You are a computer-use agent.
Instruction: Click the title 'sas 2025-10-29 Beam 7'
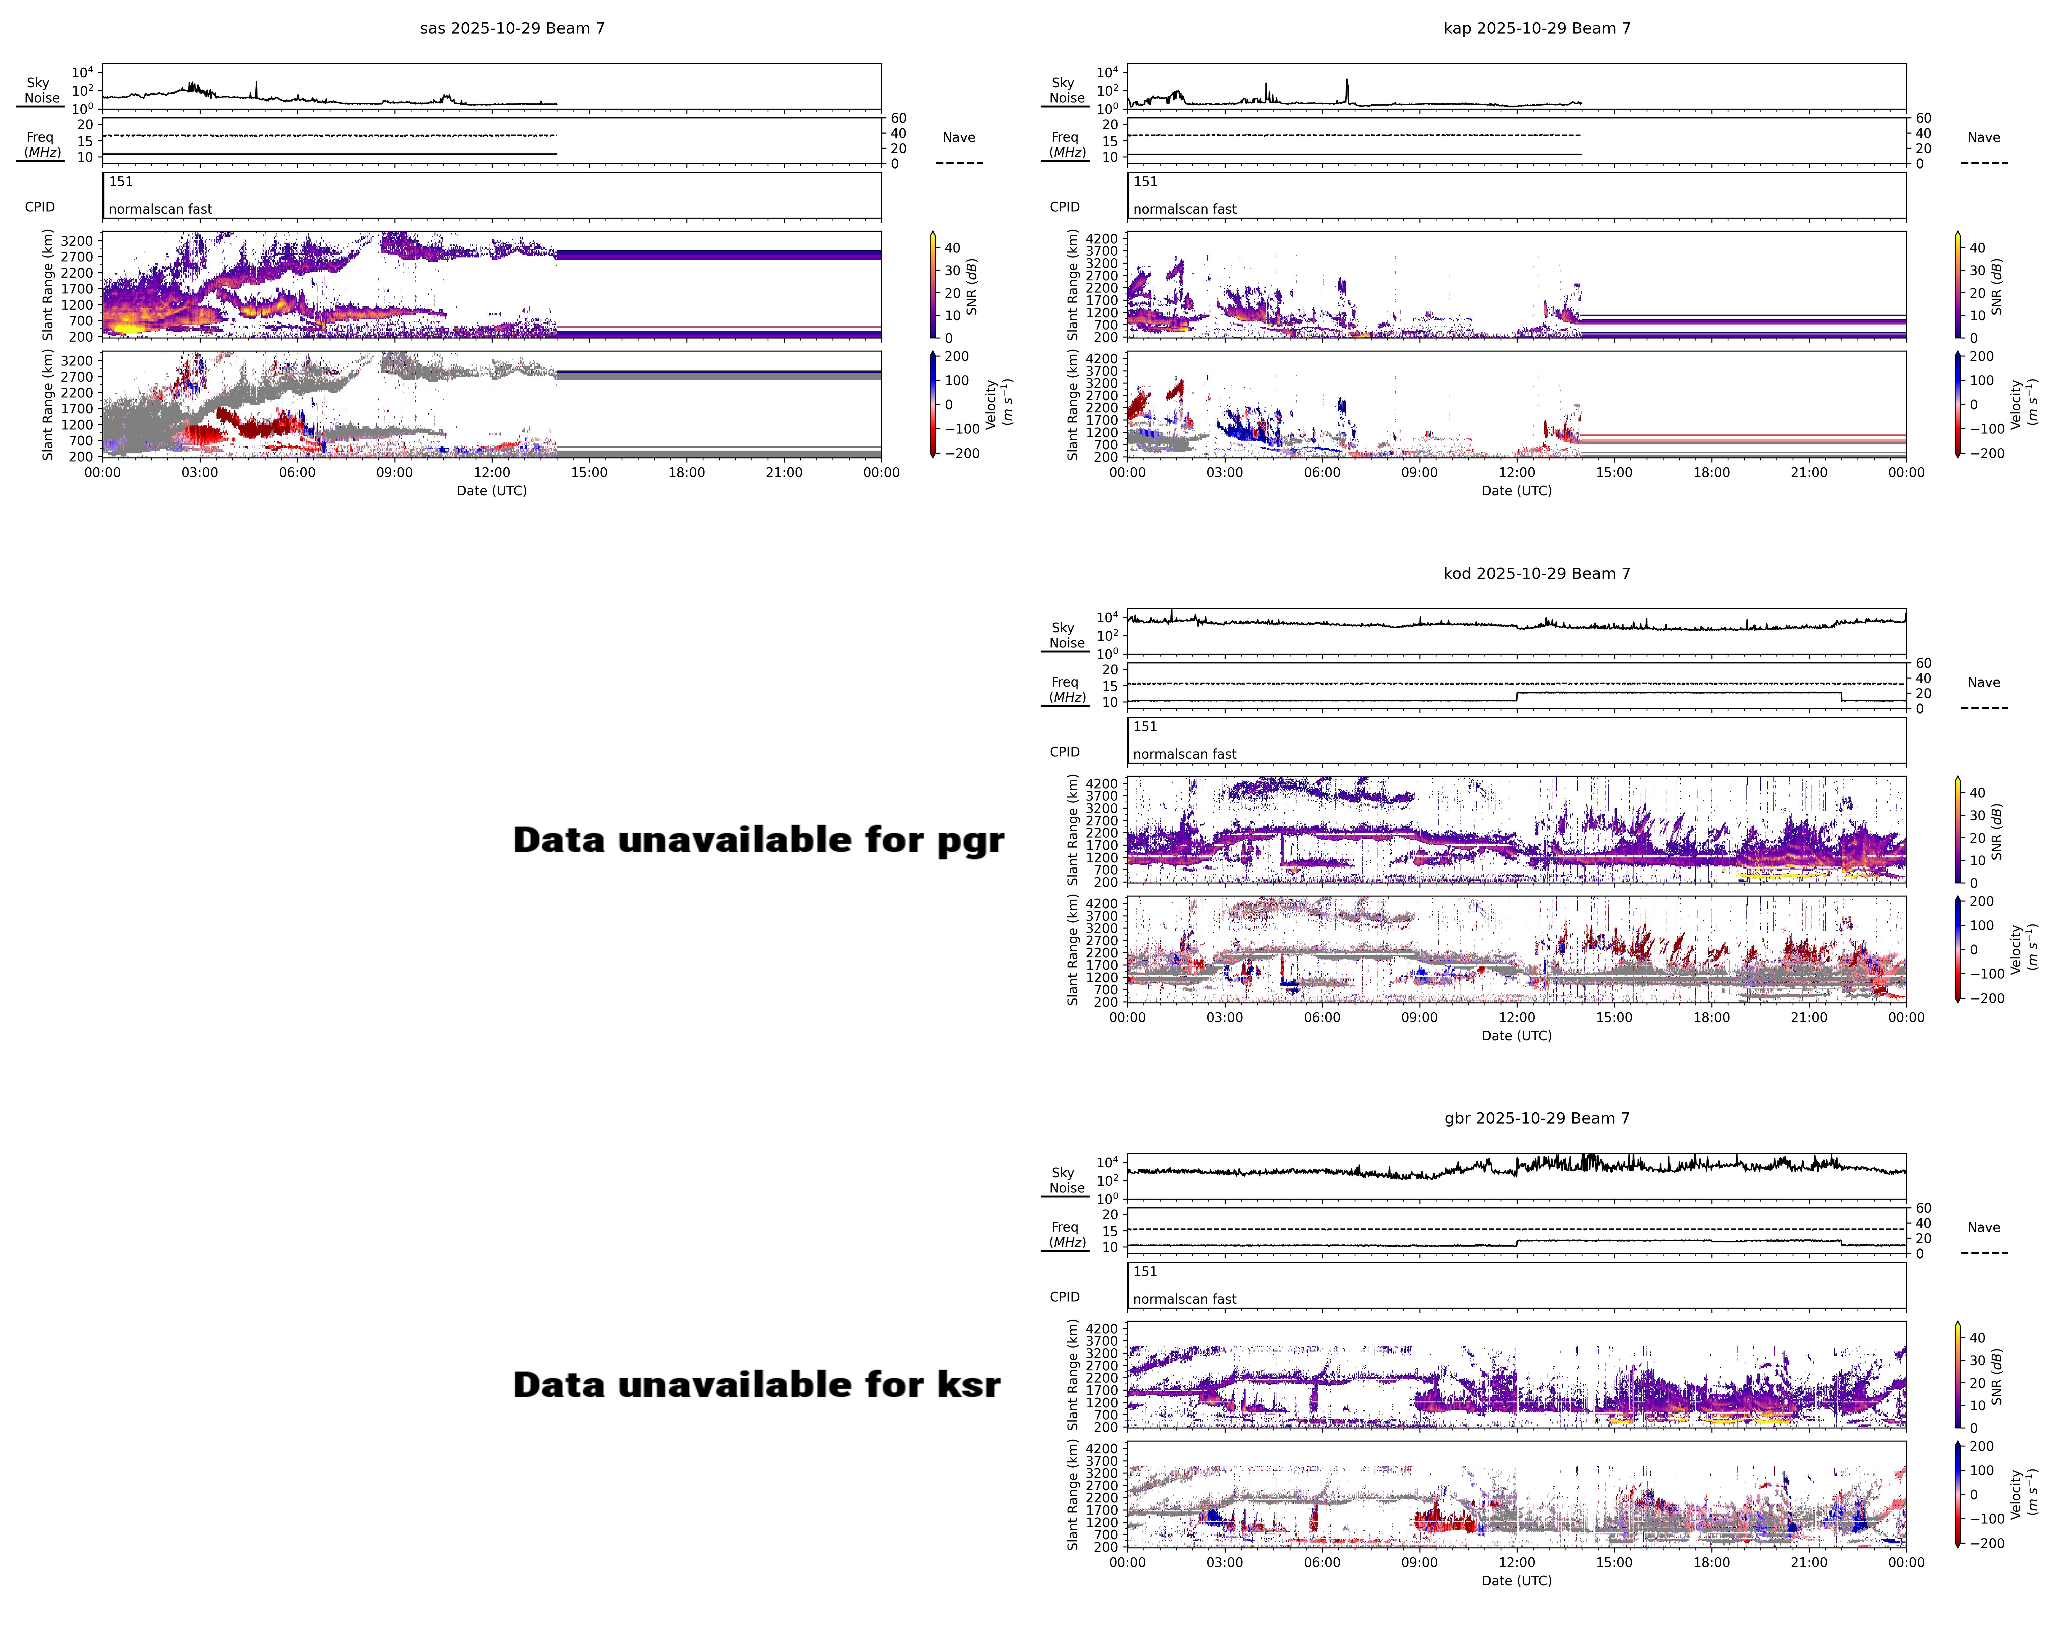tap(512, 29)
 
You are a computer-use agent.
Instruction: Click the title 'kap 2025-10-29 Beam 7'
tap(1537, 29)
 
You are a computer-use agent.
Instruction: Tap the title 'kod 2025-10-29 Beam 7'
tap(1537, 573)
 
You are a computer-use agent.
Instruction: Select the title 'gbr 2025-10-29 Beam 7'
tap(1537, 1118)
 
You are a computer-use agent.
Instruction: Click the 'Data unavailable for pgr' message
tap(758, 840)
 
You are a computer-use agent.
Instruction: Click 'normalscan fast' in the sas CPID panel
tap(160, 209)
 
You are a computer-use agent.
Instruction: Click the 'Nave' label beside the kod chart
tap(1984, 683)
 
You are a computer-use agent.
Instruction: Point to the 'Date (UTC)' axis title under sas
tap(492, 491)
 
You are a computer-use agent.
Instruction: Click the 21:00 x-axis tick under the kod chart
tap(1808, 1017)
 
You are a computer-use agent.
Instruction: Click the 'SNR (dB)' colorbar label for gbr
tap(1997, 1376)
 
